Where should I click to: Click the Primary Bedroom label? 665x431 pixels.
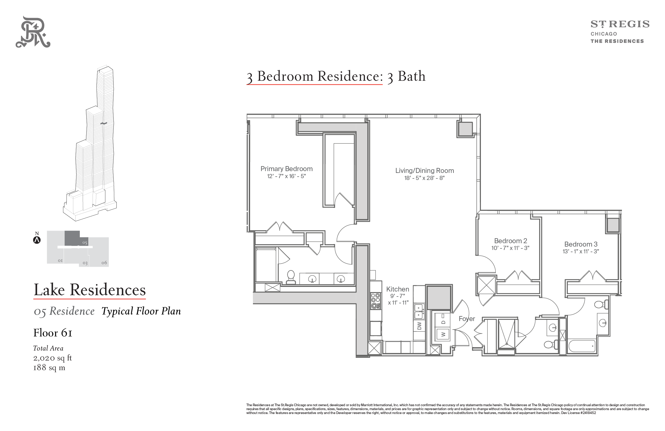pos(286,169)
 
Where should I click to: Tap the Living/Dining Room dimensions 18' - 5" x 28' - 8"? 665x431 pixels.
pos(425,178)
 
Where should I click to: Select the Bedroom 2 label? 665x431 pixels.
pos(511,241)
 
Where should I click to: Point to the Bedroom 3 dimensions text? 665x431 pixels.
pos(581,251)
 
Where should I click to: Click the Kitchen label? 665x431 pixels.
pos(398,289)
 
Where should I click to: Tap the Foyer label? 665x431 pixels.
pos(467,319)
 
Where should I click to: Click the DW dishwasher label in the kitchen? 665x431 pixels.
pos(419,326)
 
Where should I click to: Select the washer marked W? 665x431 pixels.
pos(443,334)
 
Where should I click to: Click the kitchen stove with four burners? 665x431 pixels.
pos(376,301)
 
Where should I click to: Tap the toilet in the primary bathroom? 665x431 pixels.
pos(291,277)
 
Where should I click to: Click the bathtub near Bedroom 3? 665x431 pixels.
pos(582,346)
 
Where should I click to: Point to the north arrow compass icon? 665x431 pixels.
pos(37,240)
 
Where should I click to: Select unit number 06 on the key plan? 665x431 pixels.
pos(104,263)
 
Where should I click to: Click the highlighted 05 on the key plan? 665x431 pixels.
pos(85,243)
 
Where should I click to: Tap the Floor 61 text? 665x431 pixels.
pos(53,333)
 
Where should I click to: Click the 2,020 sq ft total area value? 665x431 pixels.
pos(52,358)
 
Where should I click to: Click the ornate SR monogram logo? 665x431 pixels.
pos(33,32)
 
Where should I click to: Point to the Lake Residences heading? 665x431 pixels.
pos(90,290)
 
